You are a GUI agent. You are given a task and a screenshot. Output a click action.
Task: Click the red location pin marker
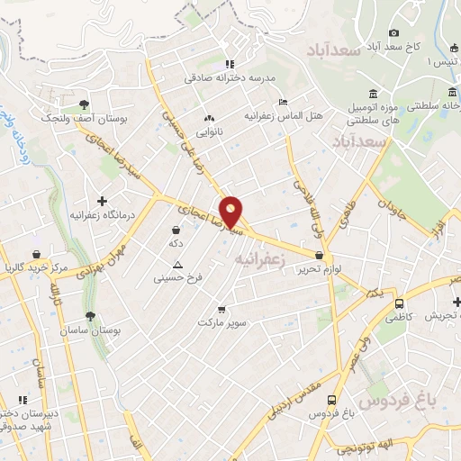point(231,212)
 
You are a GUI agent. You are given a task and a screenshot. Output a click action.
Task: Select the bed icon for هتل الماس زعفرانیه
point(283,102)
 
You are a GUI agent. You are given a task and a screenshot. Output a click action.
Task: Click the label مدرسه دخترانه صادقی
point(229,78)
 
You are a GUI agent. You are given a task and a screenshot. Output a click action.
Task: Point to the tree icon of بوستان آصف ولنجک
point(84,104)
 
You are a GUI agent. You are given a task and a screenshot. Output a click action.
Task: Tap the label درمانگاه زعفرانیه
point(102,216)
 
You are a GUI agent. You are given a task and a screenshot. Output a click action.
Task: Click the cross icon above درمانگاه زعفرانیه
point(102,200)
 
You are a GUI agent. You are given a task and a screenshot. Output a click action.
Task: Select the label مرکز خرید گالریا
point(35,268)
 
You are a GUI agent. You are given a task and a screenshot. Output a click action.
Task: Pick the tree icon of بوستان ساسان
point(90,316)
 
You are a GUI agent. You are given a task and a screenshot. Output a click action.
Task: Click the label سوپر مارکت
point(222,321)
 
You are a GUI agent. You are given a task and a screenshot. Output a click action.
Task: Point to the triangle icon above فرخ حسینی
point(177,265)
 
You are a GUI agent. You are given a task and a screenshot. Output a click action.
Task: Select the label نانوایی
point(209,131)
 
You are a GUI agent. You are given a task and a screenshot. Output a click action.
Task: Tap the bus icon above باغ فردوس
point(331,400)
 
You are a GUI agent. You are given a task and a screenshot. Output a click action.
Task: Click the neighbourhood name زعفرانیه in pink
point(260,258)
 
